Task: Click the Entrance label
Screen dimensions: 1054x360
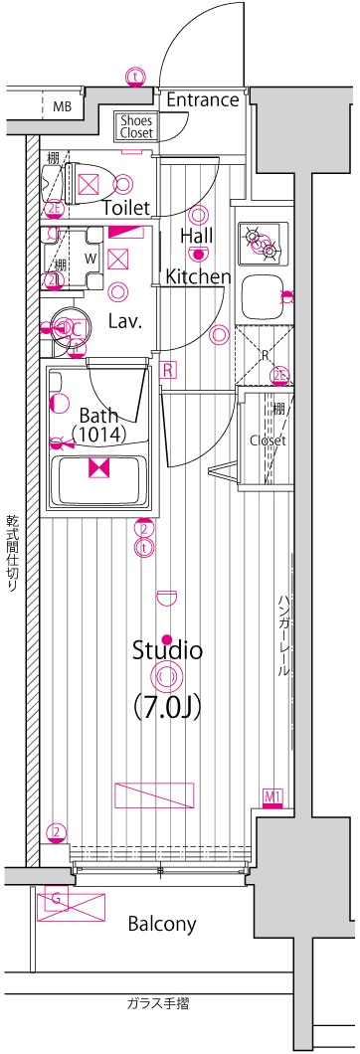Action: pos(202,99)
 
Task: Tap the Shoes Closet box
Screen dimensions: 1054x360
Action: pos(136,124)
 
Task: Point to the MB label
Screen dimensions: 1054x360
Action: pos(62,106)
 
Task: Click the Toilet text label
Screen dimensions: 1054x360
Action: pos(126,208)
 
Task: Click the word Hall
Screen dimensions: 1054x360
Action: pos(197,236)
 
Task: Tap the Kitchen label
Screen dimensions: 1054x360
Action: pos(199,276)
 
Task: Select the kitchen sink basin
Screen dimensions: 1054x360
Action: pos(263,294)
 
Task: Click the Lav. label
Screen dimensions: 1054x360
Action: pos(126,321)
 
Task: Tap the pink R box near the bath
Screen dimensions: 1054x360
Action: pos(169,370)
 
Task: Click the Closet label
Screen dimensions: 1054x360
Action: pos(268,439)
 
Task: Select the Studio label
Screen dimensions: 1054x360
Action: pos(168,651)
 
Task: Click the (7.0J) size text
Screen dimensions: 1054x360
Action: pos(167,707)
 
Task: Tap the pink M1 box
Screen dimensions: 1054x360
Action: pos(273,795)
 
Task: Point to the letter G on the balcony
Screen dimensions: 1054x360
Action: pos(56,900)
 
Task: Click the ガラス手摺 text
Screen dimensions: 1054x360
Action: pos(158,1003)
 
